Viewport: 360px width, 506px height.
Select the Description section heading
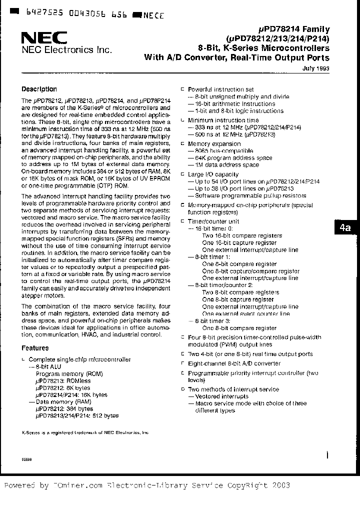[39, 89]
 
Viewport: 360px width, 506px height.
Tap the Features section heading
[35, 348]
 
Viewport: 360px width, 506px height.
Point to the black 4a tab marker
[345, 227]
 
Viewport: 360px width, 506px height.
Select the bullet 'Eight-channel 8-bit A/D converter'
[234, 363]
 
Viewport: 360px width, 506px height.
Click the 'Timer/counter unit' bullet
[213, 221]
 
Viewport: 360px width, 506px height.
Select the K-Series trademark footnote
[85, 432]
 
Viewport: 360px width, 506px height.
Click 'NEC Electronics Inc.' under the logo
[66, 50]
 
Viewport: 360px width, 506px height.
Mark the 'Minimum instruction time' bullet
[223, 120]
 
